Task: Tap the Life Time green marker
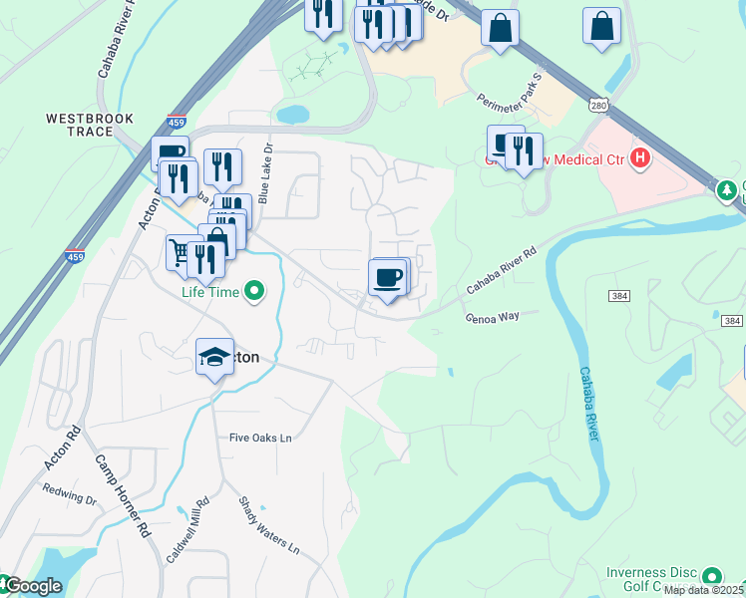tap(256, 292)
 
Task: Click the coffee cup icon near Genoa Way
tap(388, 277)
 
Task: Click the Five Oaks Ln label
tap(260, 438)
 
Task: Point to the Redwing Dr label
tap(68, 494)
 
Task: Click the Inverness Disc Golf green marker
tap(712, 576)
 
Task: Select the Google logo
tap(32, 586)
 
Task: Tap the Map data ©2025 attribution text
tap(704, 590)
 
